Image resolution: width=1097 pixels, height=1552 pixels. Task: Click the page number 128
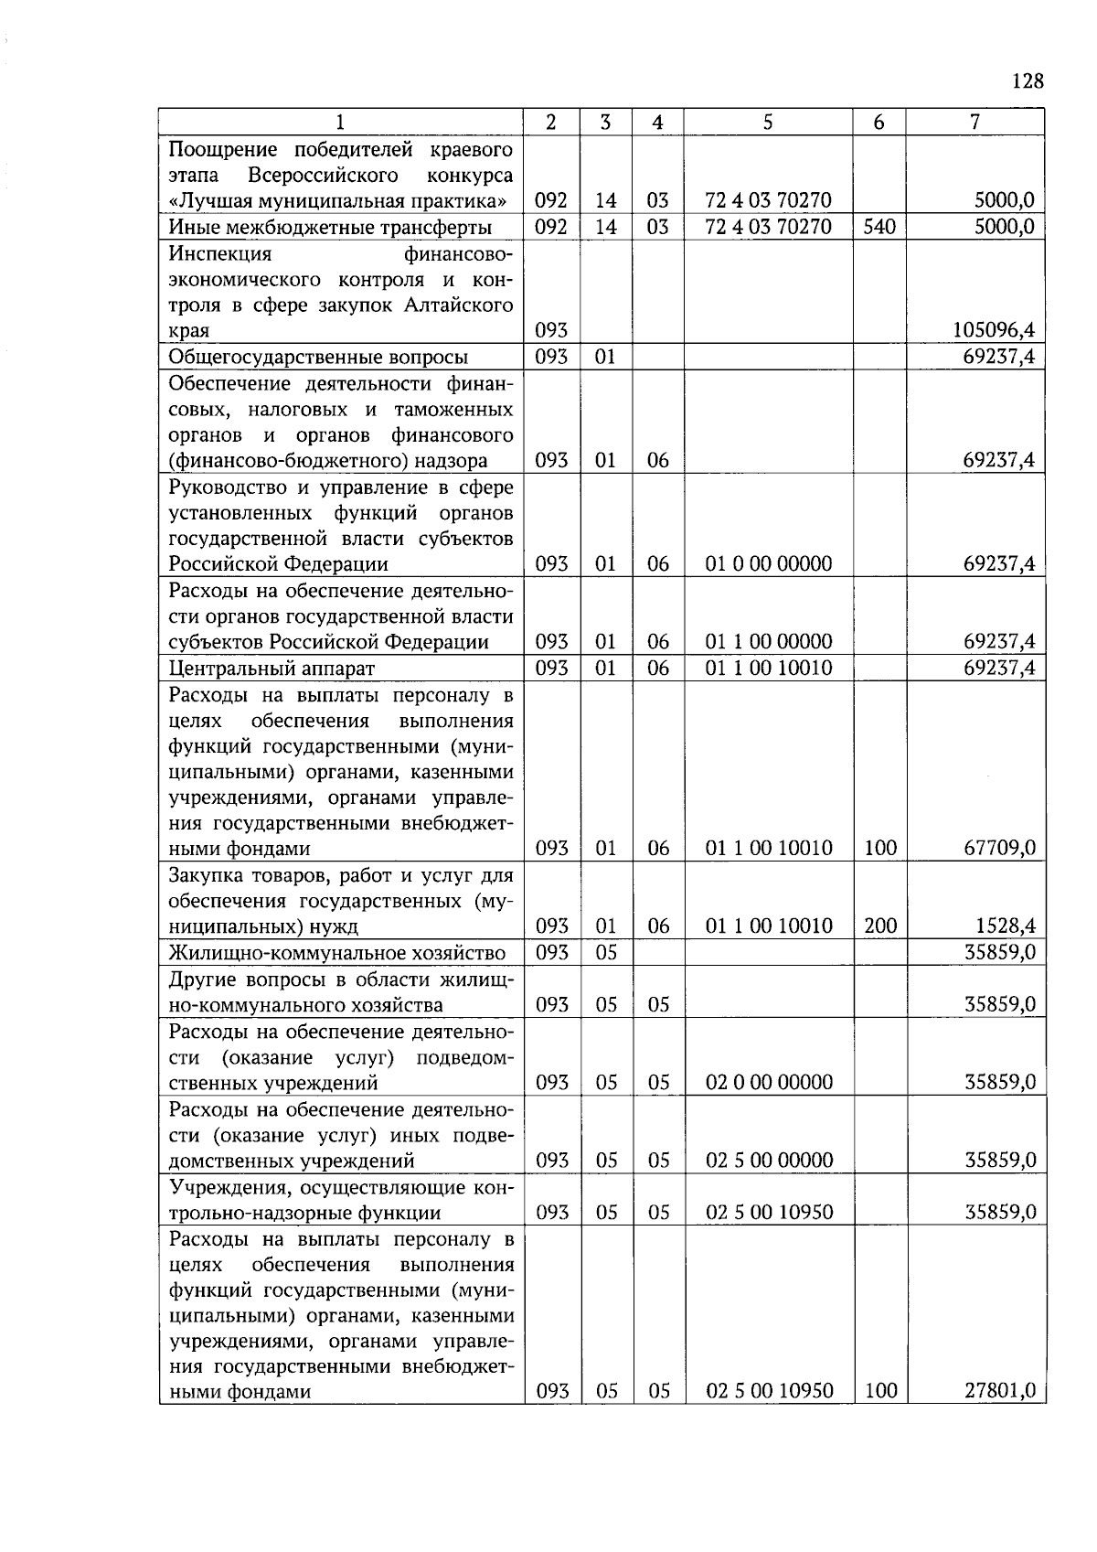pos(1028,81)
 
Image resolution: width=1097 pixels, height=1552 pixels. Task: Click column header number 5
pos(768,122)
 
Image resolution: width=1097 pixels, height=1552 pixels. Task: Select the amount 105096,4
pos(994,330)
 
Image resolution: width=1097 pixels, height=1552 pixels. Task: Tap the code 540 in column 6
pos(879,227)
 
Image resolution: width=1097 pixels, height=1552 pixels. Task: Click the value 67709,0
pos(1000,848)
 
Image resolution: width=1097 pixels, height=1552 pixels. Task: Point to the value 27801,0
pos(1000,1391)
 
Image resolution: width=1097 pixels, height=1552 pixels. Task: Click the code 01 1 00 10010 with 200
pos(769,926)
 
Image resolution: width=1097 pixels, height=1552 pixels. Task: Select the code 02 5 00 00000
pos(769,1161)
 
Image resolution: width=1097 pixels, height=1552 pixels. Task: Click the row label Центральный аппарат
pos(272,669)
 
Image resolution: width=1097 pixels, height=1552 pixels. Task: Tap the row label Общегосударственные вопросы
pos(318,357)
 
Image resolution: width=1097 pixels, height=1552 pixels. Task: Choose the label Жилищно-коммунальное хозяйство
pos(337,953)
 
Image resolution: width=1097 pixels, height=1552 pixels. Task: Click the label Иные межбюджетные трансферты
pos(330,227)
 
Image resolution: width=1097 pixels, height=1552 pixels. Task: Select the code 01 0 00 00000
pos(769,563)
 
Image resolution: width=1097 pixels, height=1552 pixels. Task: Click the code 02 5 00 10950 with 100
pos(769,1391)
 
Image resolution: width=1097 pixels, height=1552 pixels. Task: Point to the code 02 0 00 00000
pos(769,1083)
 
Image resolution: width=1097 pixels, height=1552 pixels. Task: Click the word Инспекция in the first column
pos(220,253)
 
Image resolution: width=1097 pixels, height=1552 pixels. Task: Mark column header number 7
pos(975,122)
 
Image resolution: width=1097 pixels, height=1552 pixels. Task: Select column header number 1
pos(341,122)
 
